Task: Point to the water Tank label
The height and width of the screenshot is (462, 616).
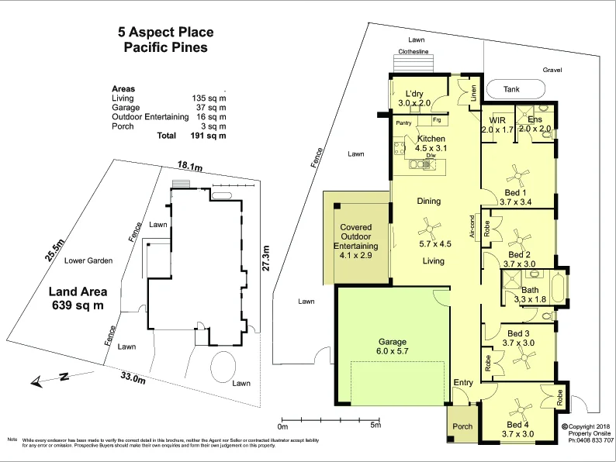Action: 511,90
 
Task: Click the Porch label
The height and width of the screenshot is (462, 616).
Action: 462,426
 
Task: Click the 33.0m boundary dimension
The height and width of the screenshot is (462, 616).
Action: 133,378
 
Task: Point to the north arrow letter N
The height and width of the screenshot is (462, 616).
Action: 64,377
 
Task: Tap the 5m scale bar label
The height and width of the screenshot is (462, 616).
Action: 375,426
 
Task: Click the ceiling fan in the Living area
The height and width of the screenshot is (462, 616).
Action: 425,228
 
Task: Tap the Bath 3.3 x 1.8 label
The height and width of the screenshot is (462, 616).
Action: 535,295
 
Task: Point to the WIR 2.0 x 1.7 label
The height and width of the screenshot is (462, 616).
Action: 497,125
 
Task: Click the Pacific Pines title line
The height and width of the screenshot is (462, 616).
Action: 166,47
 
